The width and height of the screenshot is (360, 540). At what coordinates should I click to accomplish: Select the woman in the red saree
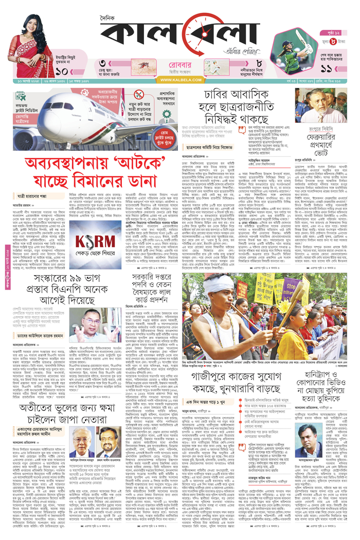(x=31, y=46)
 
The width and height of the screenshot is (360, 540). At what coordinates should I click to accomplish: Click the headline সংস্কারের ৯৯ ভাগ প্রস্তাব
(x=62, y=289)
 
